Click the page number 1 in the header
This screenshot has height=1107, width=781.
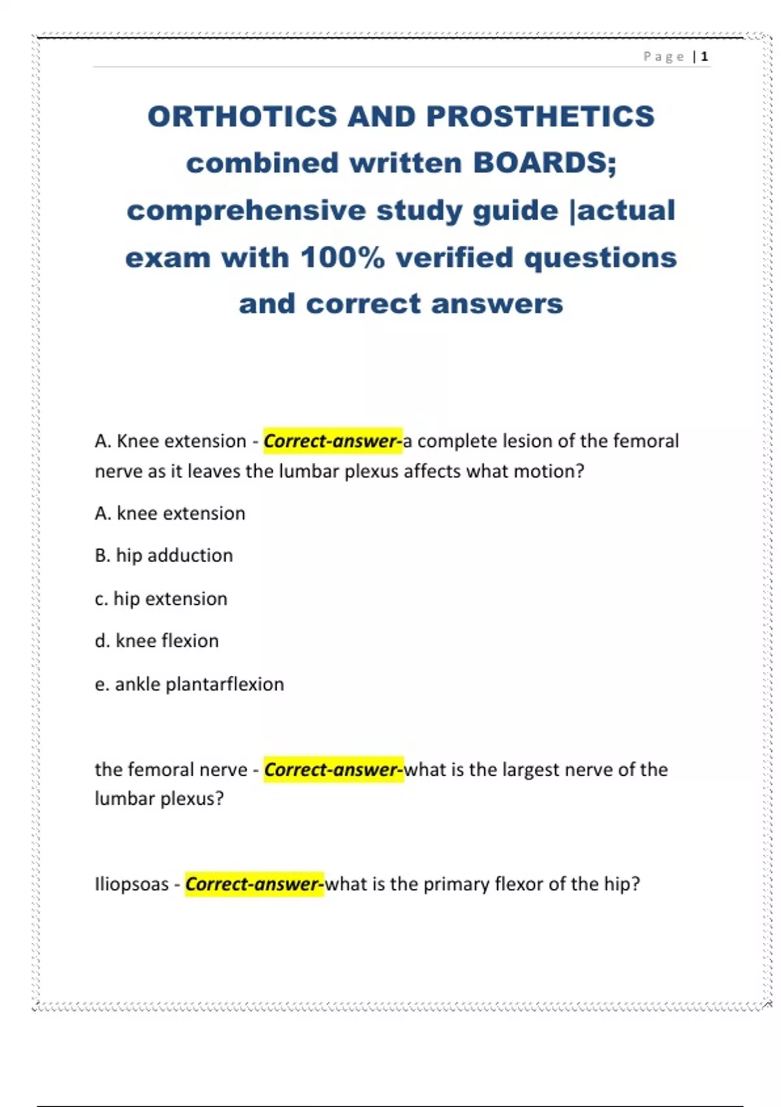(x=704, y=57)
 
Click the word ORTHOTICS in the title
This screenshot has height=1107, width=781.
(x=242, y=117)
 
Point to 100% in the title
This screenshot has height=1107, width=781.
(x=342, y=257)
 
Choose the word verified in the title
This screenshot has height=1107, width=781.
(x=454, y=257)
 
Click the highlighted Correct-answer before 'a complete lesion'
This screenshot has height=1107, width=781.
(x=333, y=441)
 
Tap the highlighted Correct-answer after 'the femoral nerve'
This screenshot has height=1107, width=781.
(x=333, y=770)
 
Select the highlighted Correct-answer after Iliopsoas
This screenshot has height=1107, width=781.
(x=254, y=884)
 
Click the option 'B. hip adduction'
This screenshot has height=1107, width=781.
(x=163, y=555)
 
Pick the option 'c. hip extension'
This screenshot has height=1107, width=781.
(x=161, y=598)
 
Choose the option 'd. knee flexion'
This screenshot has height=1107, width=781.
(x=156, y=641)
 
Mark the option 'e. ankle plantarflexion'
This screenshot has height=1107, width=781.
(x=189, y=684)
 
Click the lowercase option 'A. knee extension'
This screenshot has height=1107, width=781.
(x=169, y=513)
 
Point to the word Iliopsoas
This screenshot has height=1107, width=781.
(x=131, y=884)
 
